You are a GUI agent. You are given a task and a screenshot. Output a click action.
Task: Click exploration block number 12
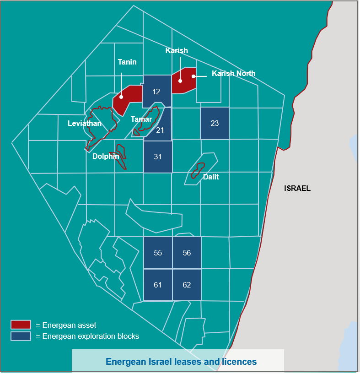(156, 92)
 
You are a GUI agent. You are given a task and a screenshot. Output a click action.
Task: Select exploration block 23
(215, 123)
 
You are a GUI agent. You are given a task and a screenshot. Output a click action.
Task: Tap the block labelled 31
(158, 157)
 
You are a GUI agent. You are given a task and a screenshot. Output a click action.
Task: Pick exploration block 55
(158, 253)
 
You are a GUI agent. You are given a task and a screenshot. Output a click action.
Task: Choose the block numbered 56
(187, 253)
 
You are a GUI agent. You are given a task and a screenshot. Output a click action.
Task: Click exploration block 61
(158, 285)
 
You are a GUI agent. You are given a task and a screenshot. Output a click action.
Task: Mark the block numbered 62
(187, 285)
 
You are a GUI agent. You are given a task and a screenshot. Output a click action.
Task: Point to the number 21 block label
(160, 130)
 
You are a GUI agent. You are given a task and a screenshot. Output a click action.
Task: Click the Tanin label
(127, 62)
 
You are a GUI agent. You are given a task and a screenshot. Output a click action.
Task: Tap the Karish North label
(233, 73)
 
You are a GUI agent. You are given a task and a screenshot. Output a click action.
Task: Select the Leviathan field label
(85, 123)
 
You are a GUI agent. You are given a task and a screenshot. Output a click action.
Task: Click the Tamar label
(141, 119)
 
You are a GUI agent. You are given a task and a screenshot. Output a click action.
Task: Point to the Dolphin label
(106, 157)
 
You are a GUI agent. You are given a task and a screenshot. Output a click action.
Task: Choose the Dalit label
(211, 177)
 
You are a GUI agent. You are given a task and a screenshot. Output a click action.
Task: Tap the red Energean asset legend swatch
(21, 325)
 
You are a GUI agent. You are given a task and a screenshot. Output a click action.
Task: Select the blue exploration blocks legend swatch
(21, 336)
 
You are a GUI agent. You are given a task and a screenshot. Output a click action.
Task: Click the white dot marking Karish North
(193, 76)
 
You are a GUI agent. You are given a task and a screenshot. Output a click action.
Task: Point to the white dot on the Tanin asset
(121, 97)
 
